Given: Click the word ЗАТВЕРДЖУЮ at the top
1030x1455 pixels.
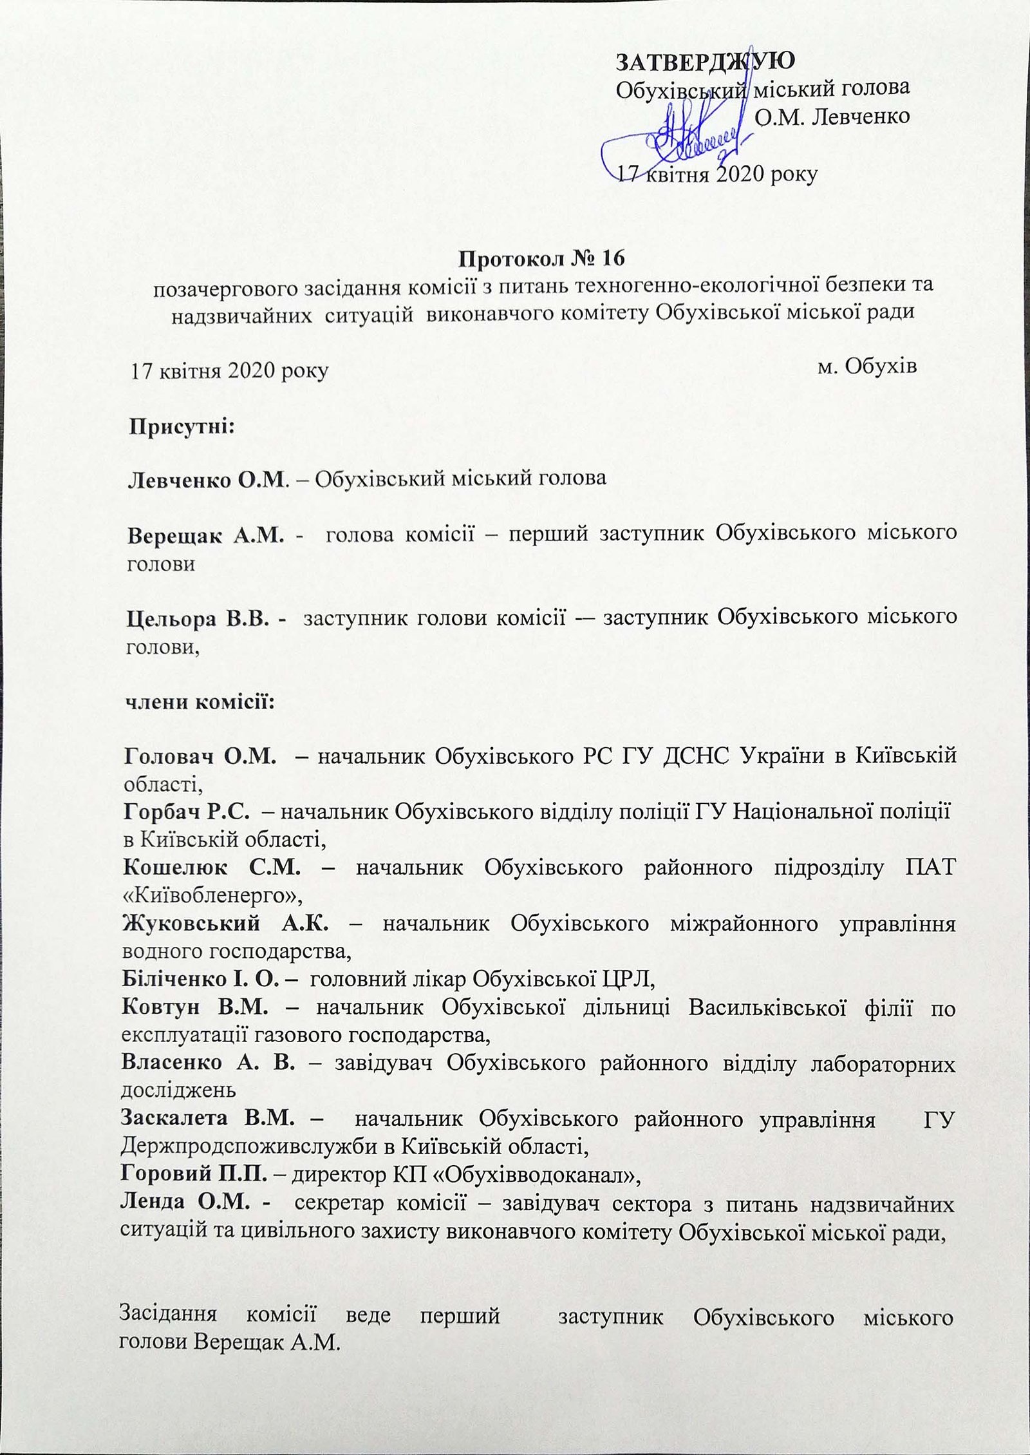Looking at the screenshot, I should [706, 61].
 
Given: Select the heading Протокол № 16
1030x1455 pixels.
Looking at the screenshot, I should [541, 258].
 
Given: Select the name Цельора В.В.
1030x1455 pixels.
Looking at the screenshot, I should [206, 618].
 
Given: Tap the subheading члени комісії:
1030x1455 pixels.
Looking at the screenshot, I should [200, 701].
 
